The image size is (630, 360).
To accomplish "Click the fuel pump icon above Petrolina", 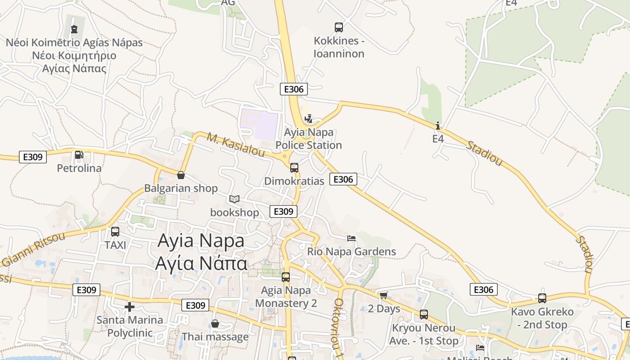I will [79, 155].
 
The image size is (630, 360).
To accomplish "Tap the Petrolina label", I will [79, 168].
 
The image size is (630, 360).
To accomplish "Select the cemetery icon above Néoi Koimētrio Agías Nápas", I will [74, 29].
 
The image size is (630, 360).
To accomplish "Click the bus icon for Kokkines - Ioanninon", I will [339, 27].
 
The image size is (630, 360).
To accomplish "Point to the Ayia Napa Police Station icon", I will [309, 119].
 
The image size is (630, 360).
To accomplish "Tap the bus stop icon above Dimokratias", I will [294, 168].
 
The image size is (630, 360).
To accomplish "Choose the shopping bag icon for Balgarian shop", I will [181, 175].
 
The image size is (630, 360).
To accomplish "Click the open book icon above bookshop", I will [234, 199].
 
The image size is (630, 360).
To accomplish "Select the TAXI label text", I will [115, 245].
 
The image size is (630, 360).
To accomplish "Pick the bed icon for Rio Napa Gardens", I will [351, 238].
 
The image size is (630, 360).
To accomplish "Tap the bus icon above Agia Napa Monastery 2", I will [286, 277].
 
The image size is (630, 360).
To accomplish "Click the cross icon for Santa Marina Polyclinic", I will [130, 307].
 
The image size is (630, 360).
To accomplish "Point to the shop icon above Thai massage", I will [215, 324].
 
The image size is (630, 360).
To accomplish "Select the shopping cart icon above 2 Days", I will [383, 295].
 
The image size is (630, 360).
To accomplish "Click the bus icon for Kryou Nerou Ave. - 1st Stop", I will [424, 315].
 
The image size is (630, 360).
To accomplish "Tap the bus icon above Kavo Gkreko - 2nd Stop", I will [542, 298].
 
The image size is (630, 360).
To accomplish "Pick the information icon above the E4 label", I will [438, 126].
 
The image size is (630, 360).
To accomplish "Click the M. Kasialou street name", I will [236, 144].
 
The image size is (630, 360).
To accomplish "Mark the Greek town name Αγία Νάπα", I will [201, 263].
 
